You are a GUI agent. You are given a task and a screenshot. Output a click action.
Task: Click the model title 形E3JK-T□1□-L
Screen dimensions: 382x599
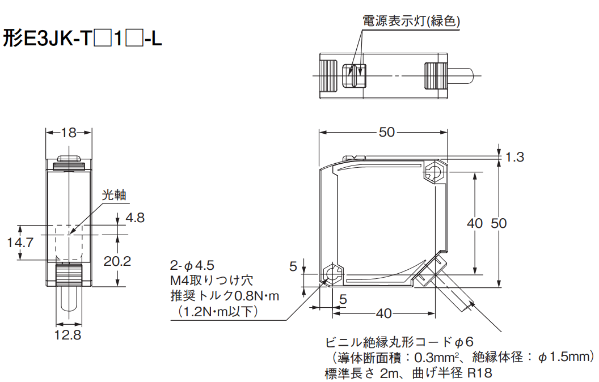83,39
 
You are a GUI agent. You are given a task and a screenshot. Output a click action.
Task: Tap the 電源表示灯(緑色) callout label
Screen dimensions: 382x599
411,22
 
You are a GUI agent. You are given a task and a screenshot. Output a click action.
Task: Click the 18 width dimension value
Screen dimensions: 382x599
69,133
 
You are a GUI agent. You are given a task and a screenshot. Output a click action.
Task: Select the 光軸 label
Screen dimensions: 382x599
113,196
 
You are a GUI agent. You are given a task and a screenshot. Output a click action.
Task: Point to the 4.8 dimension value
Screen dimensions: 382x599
136,218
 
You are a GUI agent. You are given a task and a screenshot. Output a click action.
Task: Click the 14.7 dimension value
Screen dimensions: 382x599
20,243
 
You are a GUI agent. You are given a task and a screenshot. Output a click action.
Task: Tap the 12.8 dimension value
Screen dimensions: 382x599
68,335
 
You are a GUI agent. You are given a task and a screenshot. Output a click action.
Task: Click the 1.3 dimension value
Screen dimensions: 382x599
514,157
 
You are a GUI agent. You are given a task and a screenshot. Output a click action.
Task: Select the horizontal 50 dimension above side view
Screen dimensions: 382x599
386,132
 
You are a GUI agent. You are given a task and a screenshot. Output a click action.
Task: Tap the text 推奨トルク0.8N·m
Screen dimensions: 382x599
225,295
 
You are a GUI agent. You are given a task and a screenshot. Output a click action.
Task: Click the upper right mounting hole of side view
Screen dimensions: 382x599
435,171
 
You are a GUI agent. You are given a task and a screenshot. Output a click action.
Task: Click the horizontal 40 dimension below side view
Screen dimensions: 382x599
383,313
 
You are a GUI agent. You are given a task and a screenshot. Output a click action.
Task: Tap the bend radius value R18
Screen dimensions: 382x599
479,373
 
